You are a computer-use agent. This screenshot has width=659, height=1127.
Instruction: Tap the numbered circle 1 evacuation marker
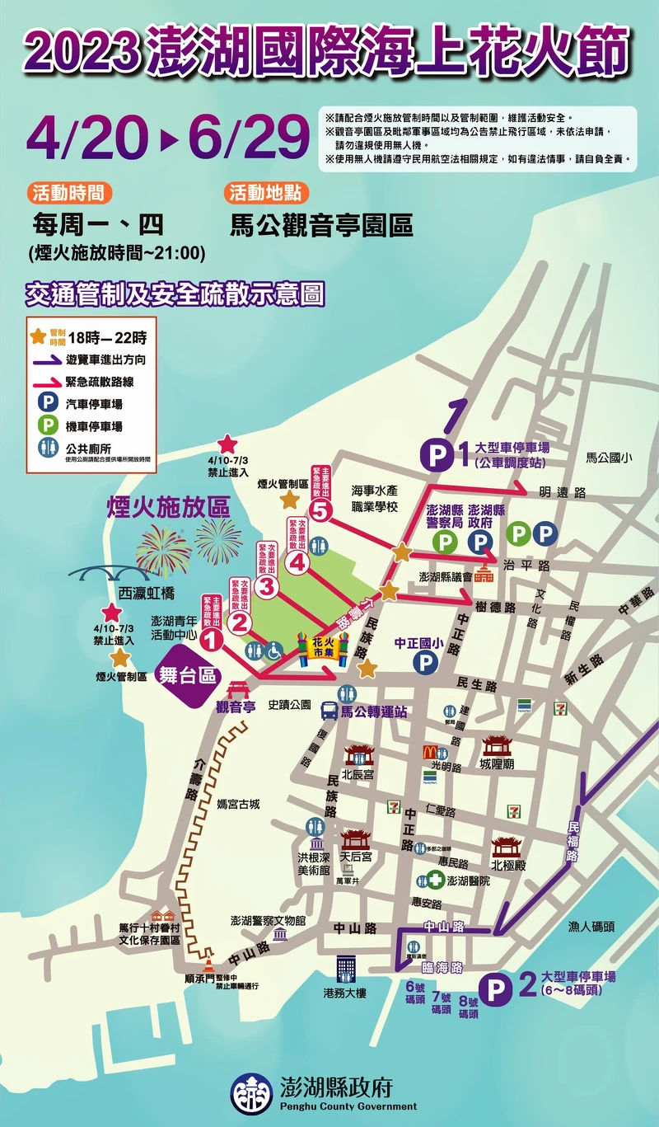[211, 637]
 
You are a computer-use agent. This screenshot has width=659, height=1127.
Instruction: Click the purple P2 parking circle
[496, 987]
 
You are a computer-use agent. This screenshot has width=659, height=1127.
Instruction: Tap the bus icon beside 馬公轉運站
[329, 711]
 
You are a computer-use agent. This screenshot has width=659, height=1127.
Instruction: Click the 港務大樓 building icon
[344, 969]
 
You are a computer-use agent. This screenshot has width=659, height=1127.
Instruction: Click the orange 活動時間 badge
[70, 193]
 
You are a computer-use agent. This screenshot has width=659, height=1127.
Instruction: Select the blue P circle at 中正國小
[426, 660]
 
